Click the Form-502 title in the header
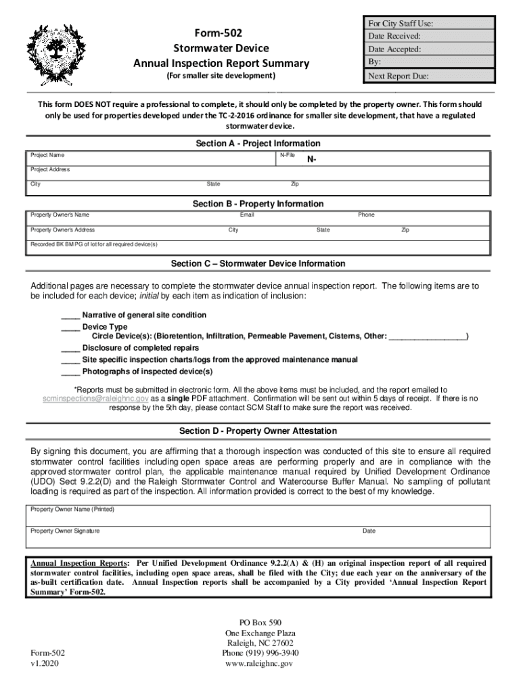pos(221,33)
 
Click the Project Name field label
pos(48,156)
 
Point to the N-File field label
pos(288,156)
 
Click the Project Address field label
pos(51,170)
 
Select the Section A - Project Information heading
pos(258,143)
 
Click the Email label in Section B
pos(247,215)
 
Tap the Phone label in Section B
pos(366,215)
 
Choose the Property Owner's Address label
pos(63,230)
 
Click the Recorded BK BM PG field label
pos(94,244)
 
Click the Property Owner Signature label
pos(65,531)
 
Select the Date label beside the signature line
pos(369,531)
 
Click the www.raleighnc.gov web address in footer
pos(260,664)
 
